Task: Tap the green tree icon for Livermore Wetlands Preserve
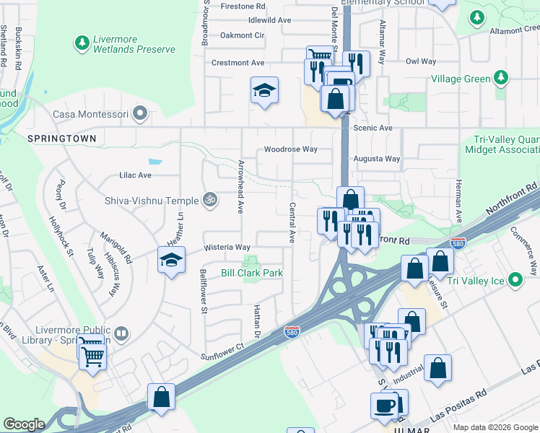[x=82, y=43]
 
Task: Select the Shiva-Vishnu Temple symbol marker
[x=210, y=198]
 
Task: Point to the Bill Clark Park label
[x=251, y=273]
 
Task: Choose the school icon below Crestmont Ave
[x=264, y=90]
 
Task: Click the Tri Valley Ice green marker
[x=515, y=280]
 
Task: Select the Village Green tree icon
[x=500, y=78]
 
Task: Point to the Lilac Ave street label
[x=135, y=175]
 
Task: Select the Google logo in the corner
[x=24, y=424]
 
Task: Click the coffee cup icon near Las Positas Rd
[x=384, y=404]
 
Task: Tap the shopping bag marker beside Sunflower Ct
[x=161, y=396]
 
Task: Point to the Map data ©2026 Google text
[x=495, y=427]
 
